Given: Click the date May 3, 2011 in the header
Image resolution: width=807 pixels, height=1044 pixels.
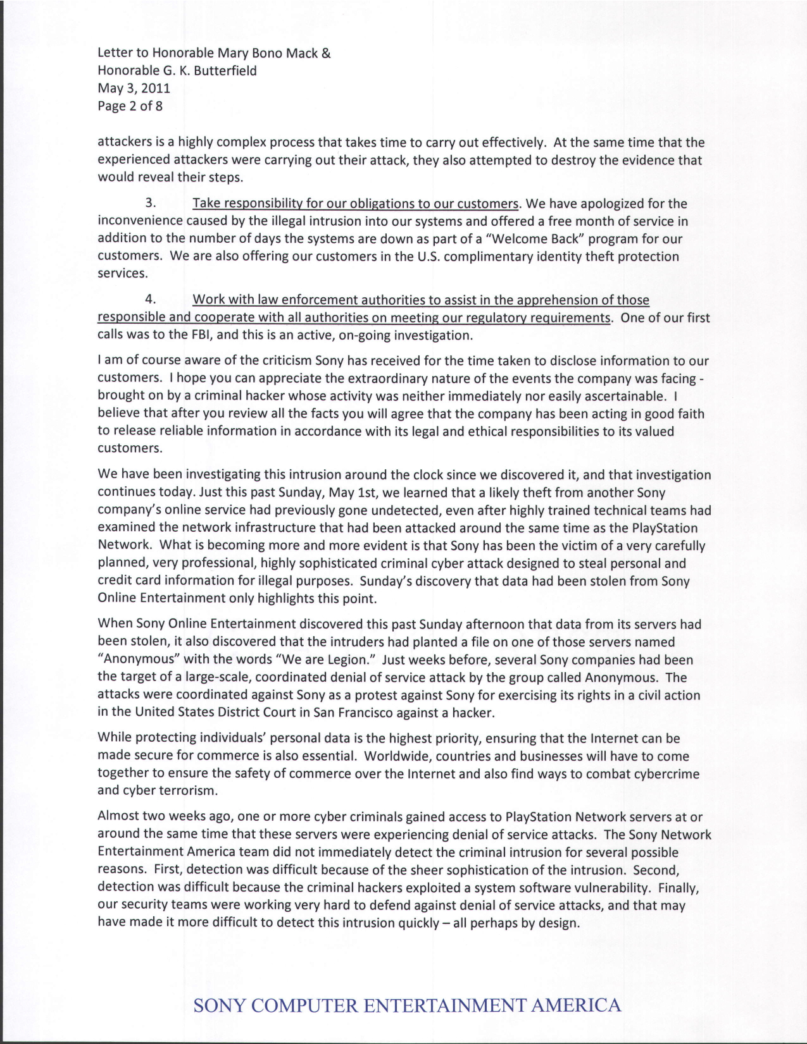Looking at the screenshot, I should (134, 89).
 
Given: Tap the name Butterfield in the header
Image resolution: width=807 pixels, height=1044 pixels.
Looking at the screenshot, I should (225, 71).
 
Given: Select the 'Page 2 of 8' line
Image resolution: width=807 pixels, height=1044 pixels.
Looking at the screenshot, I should (130, 106).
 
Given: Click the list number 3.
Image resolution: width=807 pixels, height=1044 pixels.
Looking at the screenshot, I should (150, 204).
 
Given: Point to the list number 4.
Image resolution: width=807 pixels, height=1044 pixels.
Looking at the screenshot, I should (150, 299).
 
